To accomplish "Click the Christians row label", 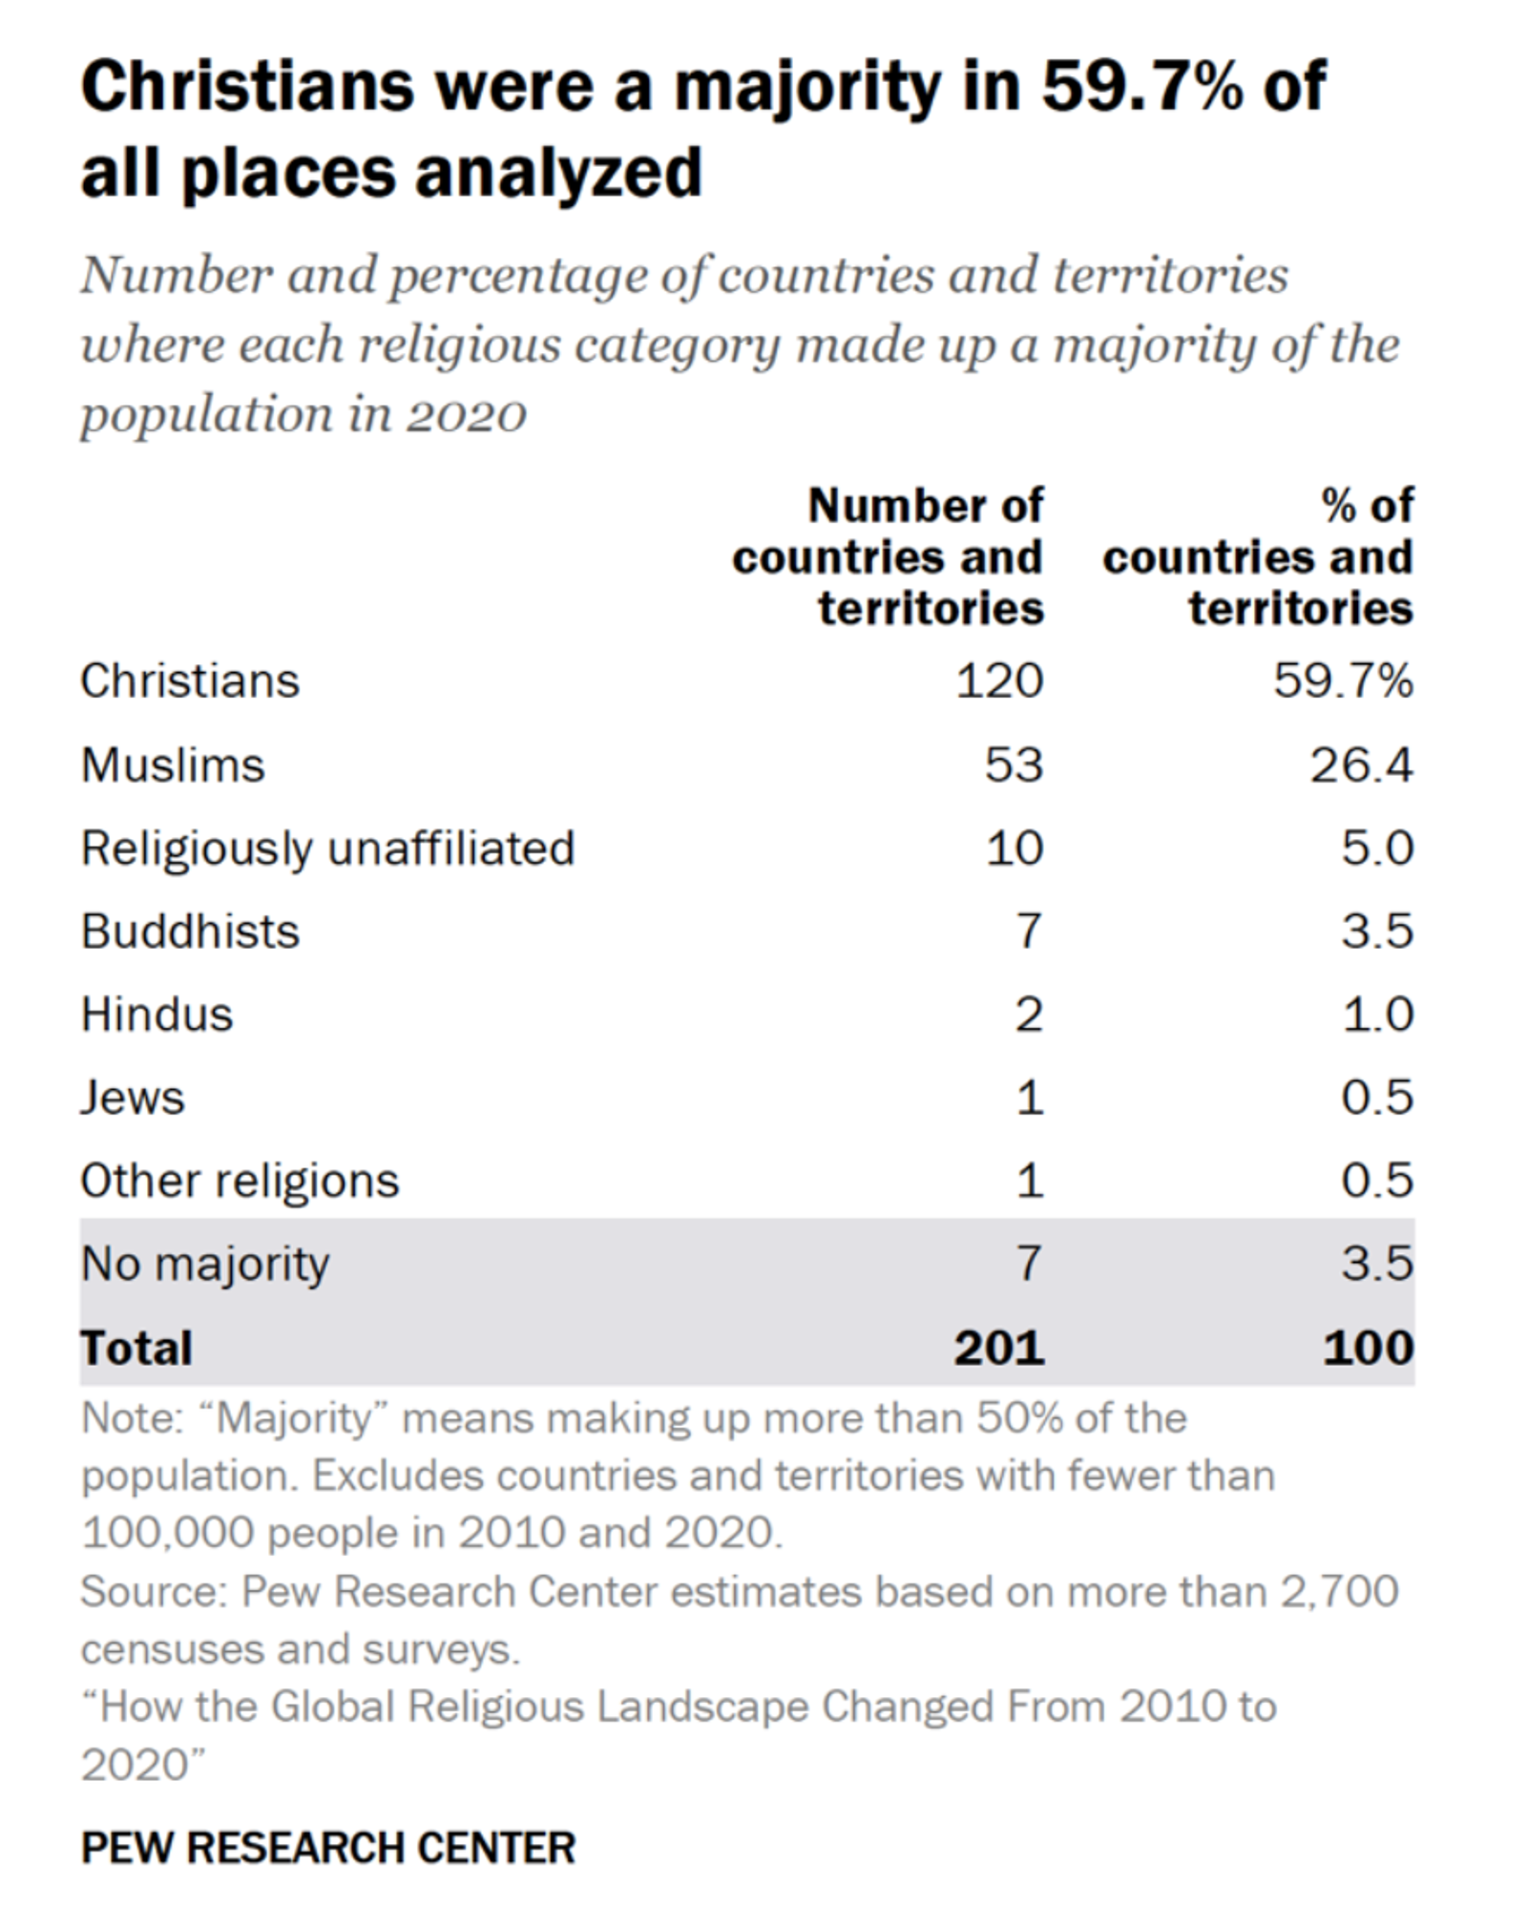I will [190, 681].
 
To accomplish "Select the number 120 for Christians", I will [999, 681].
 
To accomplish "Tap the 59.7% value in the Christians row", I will [1343, 681].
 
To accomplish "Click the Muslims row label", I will [173, 765].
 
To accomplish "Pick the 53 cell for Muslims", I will [1014, 765].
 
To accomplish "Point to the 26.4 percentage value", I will [1361, 765].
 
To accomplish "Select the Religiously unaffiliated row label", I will [327, 848].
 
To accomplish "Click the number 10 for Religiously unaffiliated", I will [1014, 848].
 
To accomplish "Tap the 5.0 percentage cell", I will [1377, 848].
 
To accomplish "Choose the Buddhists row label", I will [190, 932].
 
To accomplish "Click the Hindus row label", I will [157, 1015].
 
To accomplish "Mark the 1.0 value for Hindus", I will [1377, 1015].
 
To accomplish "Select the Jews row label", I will [133, 1098].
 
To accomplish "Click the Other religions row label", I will [240, 1181].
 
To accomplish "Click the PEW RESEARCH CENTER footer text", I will [328, 1849].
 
